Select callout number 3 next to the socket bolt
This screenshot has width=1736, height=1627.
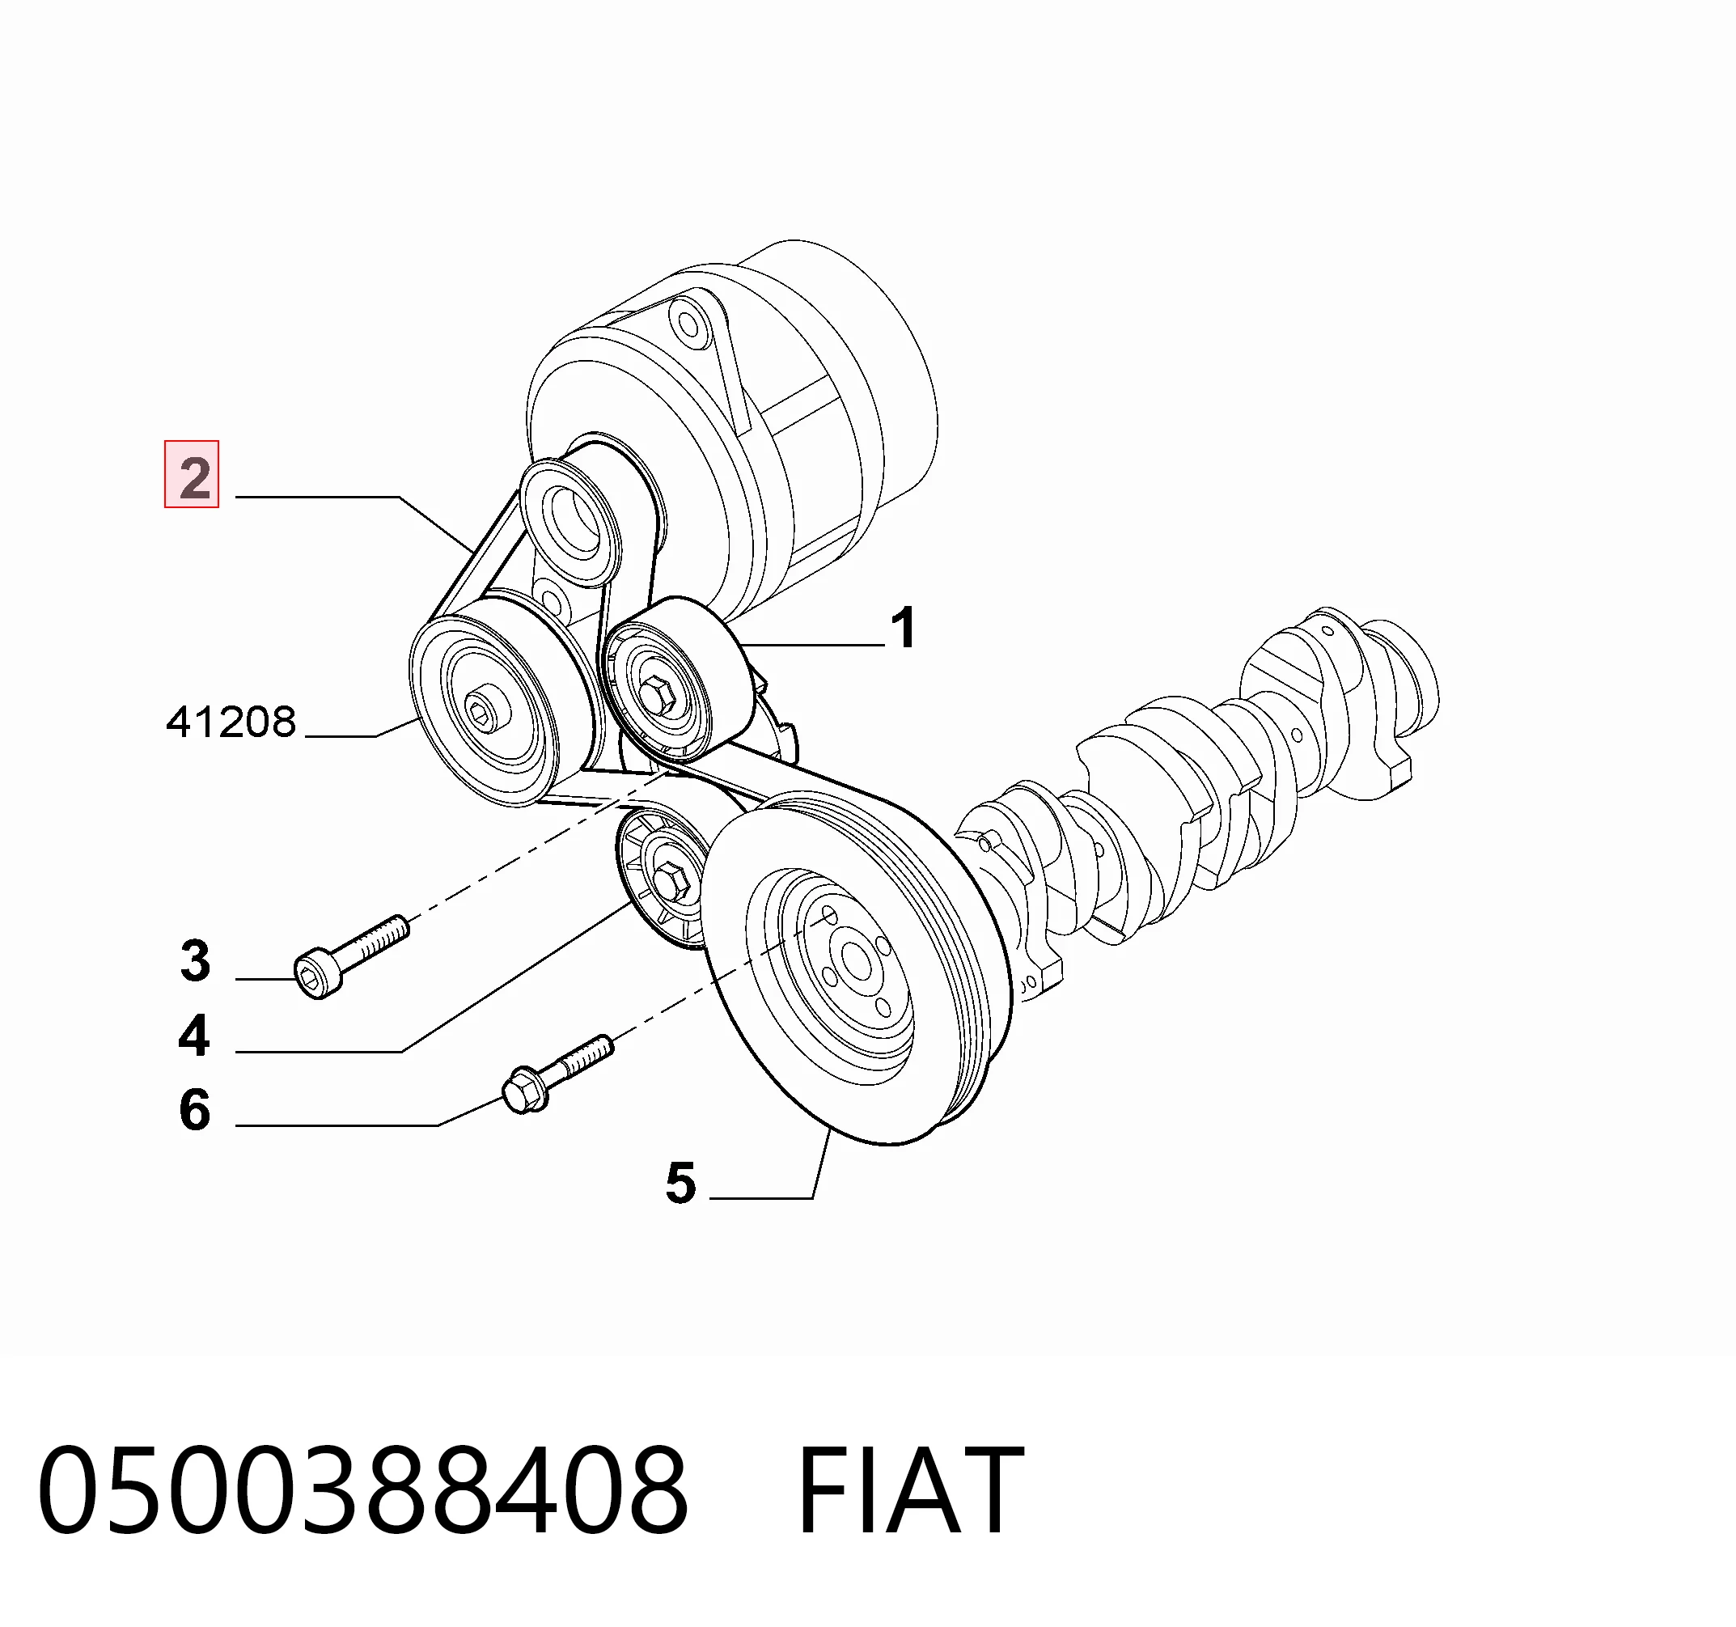(195, 960)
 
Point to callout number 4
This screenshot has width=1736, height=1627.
(194, 1036)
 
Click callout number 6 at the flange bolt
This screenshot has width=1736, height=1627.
(195, 1110)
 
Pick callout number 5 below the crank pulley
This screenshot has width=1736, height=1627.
(680, 1184)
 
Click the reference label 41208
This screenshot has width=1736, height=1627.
(231, 722)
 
